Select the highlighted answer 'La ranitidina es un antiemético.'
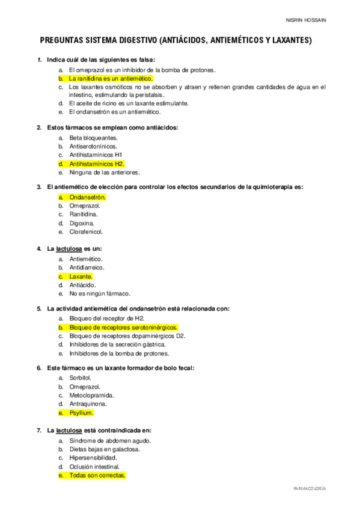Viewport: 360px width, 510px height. click(111, 78)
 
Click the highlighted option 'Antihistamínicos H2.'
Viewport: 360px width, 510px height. click(97, 164)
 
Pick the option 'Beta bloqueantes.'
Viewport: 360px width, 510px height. click(93, 138)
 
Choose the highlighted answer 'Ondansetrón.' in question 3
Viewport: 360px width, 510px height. click(88, 197)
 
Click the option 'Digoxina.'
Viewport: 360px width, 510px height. click(82, 223)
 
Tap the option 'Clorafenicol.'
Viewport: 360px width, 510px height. click(86, 232)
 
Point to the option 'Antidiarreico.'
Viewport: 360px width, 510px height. click(87, 268)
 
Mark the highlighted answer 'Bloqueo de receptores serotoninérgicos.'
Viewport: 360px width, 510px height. click(124, 327)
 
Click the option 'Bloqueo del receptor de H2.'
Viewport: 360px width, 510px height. click(107, 318)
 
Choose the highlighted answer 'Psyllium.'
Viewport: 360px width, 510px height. click(82, 413)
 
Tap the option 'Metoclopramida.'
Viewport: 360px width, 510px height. click(91, 396)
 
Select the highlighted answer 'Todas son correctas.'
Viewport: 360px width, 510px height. click(97, 475)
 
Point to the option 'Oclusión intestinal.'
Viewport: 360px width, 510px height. click(94, 466)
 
